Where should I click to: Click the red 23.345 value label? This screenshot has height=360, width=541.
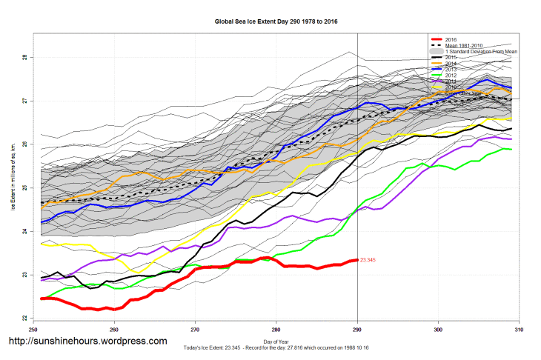tap(368, 260)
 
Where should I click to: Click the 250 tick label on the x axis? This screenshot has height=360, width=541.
tap(33, 328)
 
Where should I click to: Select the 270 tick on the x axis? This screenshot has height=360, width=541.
tap(195, 328)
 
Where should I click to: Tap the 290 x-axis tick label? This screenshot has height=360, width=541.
tap(357, 328)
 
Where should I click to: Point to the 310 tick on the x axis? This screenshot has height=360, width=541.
tap(520, 328)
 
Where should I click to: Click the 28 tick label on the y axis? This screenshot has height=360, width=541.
tap(24, 57)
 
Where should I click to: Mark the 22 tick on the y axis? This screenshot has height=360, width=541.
tap(24, 319)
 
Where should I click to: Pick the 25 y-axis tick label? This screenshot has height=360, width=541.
tap(24, 188)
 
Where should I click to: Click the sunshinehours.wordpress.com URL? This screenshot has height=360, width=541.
tap(87, 341)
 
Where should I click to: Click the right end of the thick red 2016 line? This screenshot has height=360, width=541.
tap(357, 260)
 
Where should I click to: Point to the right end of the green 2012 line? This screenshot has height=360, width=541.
tap(511, 149)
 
